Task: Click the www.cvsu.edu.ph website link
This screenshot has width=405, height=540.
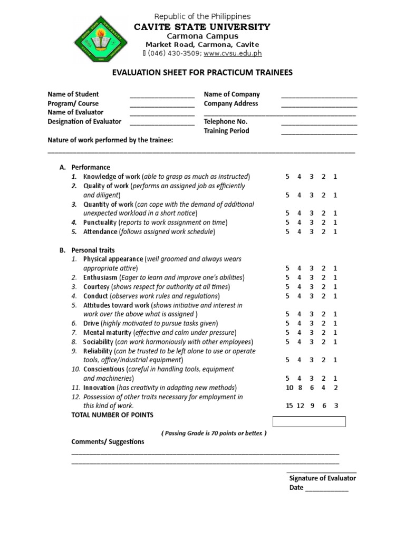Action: tap(233, 53)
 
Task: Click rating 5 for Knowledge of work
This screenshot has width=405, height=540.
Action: tap(287, 177)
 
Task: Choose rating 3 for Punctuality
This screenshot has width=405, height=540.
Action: tap(311, 223)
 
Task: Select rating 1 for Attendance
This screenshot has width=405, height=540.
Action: tap(335, 232)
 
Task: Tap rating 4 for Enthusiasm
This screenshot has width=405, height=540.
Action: tap(299, 277)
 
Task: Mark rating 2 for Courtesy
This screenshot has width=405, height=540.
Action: tap(323, 287)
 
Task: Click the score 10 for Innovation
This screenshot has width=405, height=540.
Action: tap(288, 388)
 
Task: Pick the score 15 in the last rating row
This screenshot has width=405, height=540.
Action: tap(288, 406)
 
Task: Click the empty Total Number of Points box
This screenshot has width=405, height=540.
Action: tap(309, 421)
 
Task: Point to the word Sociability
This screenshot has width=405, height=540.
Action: tap(98, 342)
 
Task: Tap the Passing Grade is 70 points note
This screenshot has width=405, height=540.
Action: tap(214, 433)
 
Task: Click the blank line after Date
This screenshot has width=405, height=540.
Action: tap(327, 489)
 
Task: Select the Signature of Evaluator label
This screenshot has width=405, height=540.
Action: tap(322, 478)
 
